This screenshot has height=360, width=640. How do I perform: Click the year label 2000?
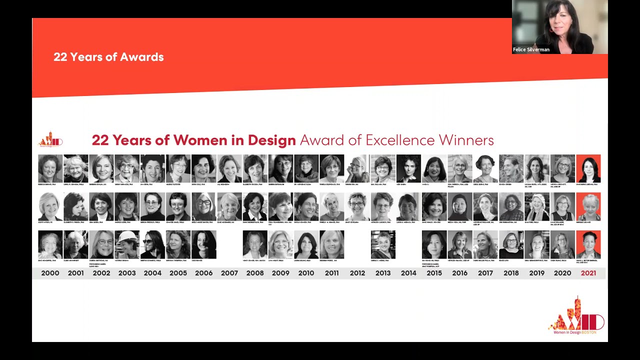50,273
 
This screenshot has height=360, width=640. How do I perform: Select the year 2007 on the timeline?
229,273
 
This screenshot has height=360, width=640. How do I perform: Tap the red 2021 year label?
588,273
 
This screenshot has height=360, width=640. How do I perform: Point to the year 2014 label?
408,273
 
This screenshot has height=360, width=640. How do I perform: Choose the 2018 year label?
511,273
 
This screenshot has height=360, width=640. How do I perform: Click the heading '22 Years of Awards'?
108,57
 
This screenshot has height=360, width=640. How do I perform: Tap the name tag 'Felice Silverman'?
531,50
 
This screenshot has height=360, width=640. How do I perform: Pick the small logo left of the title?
50,140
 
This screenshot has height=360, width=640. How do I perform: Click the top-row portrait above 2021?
588,168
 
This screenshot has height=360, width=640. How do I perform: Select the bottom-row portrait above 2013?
383,244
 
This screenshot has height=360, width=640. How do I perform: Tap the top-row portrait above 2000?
50,168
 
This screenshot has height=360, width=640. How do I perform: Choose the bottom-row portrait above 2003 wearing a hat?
127,244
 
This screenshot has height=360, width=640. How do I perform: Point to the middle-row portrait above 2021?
588,206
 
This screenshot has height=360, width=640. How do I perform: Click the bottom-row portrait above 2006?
204,244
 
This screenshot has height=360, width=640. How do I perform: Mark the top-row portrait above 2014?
408,168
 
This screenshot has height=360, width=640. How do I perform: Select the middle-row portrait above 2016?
460,206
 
